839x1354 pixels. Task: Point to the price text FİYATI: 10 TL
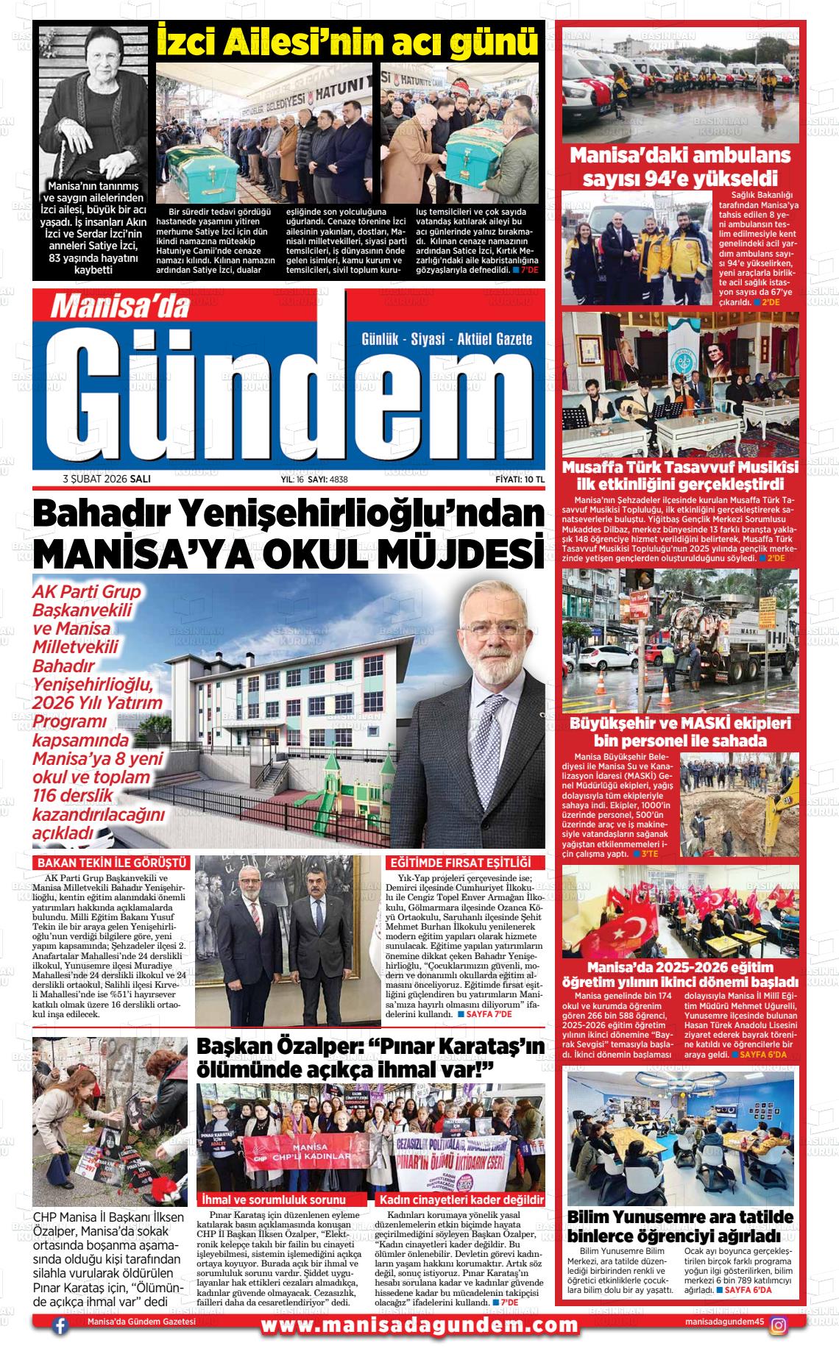pyautogui.click(x=520, y=479)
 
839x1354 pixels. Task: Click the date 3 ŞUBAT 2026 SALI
pyautogui.click(x=107, y=479)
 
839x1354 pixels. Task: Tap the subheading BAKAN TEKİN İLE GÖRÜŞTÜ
pyautogui.click(x=113, y=863)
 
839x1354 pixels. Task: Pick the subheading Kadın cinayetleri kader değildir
pyautogui.click(x=461, y=1200)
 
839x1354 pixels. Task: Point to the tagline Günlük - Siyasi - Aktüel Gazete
pyautogui.click(x=447, y=339)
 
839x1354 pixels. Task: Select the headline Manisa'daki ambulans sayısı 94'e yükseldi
pyautogui.click(x=680, y=167)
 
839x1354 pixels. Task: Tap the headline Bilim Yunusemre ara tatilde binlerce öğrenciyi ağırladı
pyautogui.click(x=680, y=1225)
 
